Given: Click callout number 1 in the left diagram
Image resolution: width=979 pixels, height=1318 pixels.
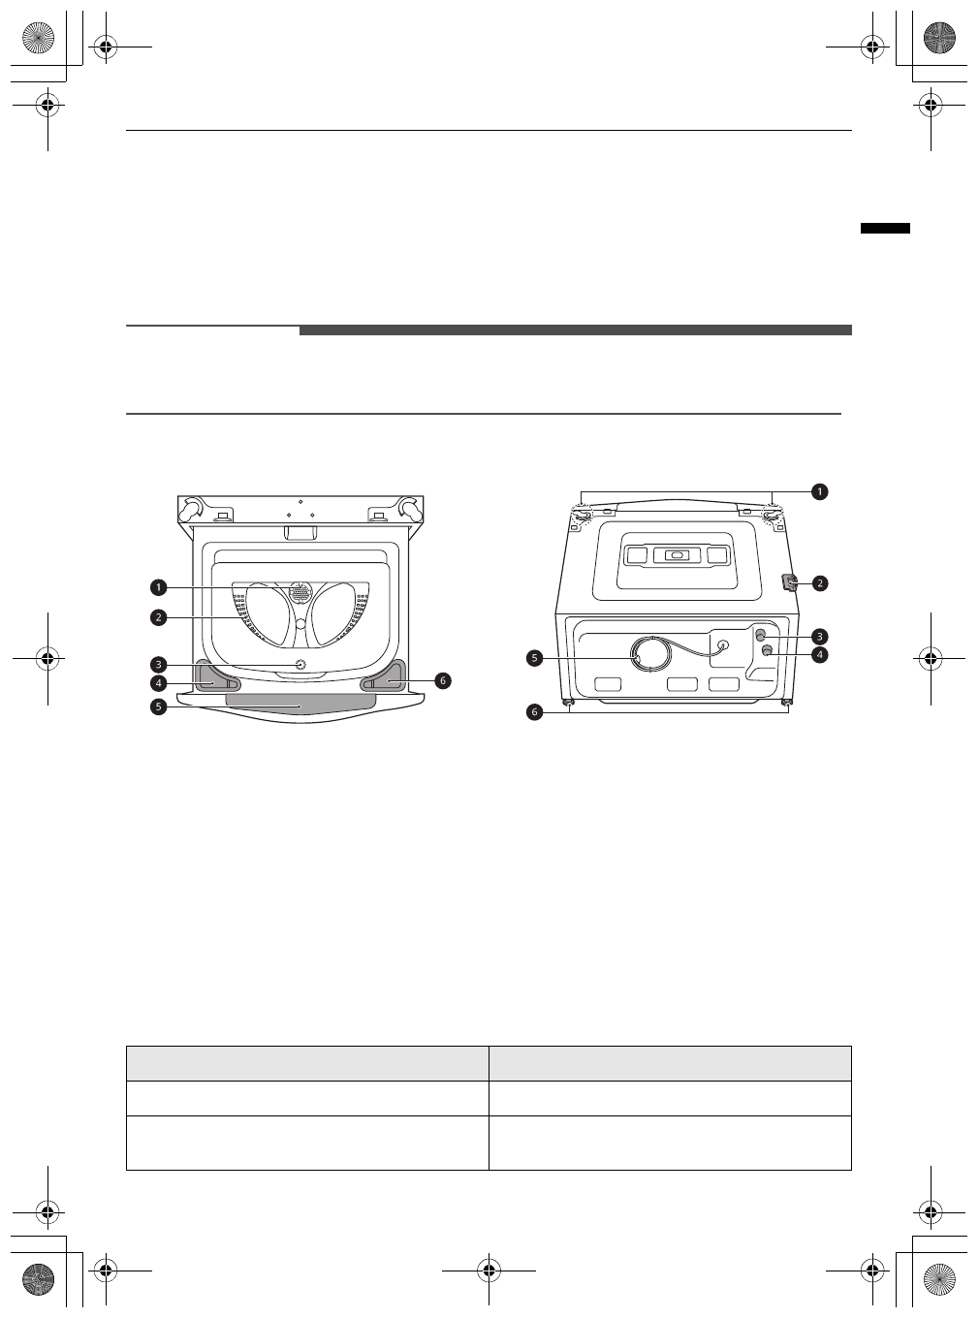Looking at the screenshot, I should click(157, 587).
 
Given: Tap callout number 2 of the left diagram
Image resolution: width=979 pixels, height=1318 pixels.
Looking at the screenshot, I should click(157, 616).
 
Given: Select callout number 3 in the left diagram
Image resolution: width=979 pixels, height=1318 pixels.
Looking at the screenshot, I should click(157, 665).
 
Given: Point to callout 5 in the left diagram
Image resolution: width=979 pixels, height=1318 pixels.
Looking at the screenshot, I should click(157, 706).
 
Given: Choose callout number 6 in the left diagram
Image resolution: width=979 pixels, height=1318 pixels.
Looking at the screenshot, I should click(442, 680).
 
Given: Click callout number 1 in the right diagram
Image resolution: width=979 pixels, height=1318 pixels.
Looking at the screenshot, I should click(819, 491).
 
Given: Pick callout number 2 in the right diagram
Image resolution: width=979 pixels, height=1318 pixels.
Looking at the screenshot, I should click(820, 583).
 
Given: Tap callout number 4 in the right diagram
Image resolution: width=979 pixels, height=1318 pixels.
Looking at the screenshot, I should click(820, 655).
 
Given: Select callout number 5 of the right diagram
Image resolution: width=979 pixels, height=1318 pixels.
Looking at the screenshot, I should click(534, 658).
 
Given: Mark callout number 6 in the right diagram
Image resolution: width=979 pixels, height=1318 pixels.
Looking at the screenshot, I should click(534, 711).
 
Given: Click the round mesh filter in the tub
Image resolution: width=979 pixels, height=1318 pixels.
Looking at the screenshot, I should click(300, 591).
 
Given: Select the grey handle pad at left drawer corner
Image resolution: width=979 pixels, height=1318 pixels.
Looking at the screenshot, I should click(214, 675).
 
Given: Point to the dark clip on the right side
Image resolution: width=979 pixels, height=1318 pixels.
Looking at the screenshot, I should click(789, 582).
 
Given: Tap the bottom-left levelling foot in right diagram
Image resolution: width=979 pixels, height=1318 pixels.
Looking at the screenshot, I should click(569, 703).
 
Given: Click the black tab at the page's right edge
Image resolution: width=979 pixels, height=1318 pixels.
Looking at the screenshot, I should click(885, 229).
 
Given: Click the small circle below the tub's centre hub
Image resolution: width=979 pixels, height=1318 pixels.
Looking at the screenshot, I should click(299, 665).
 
